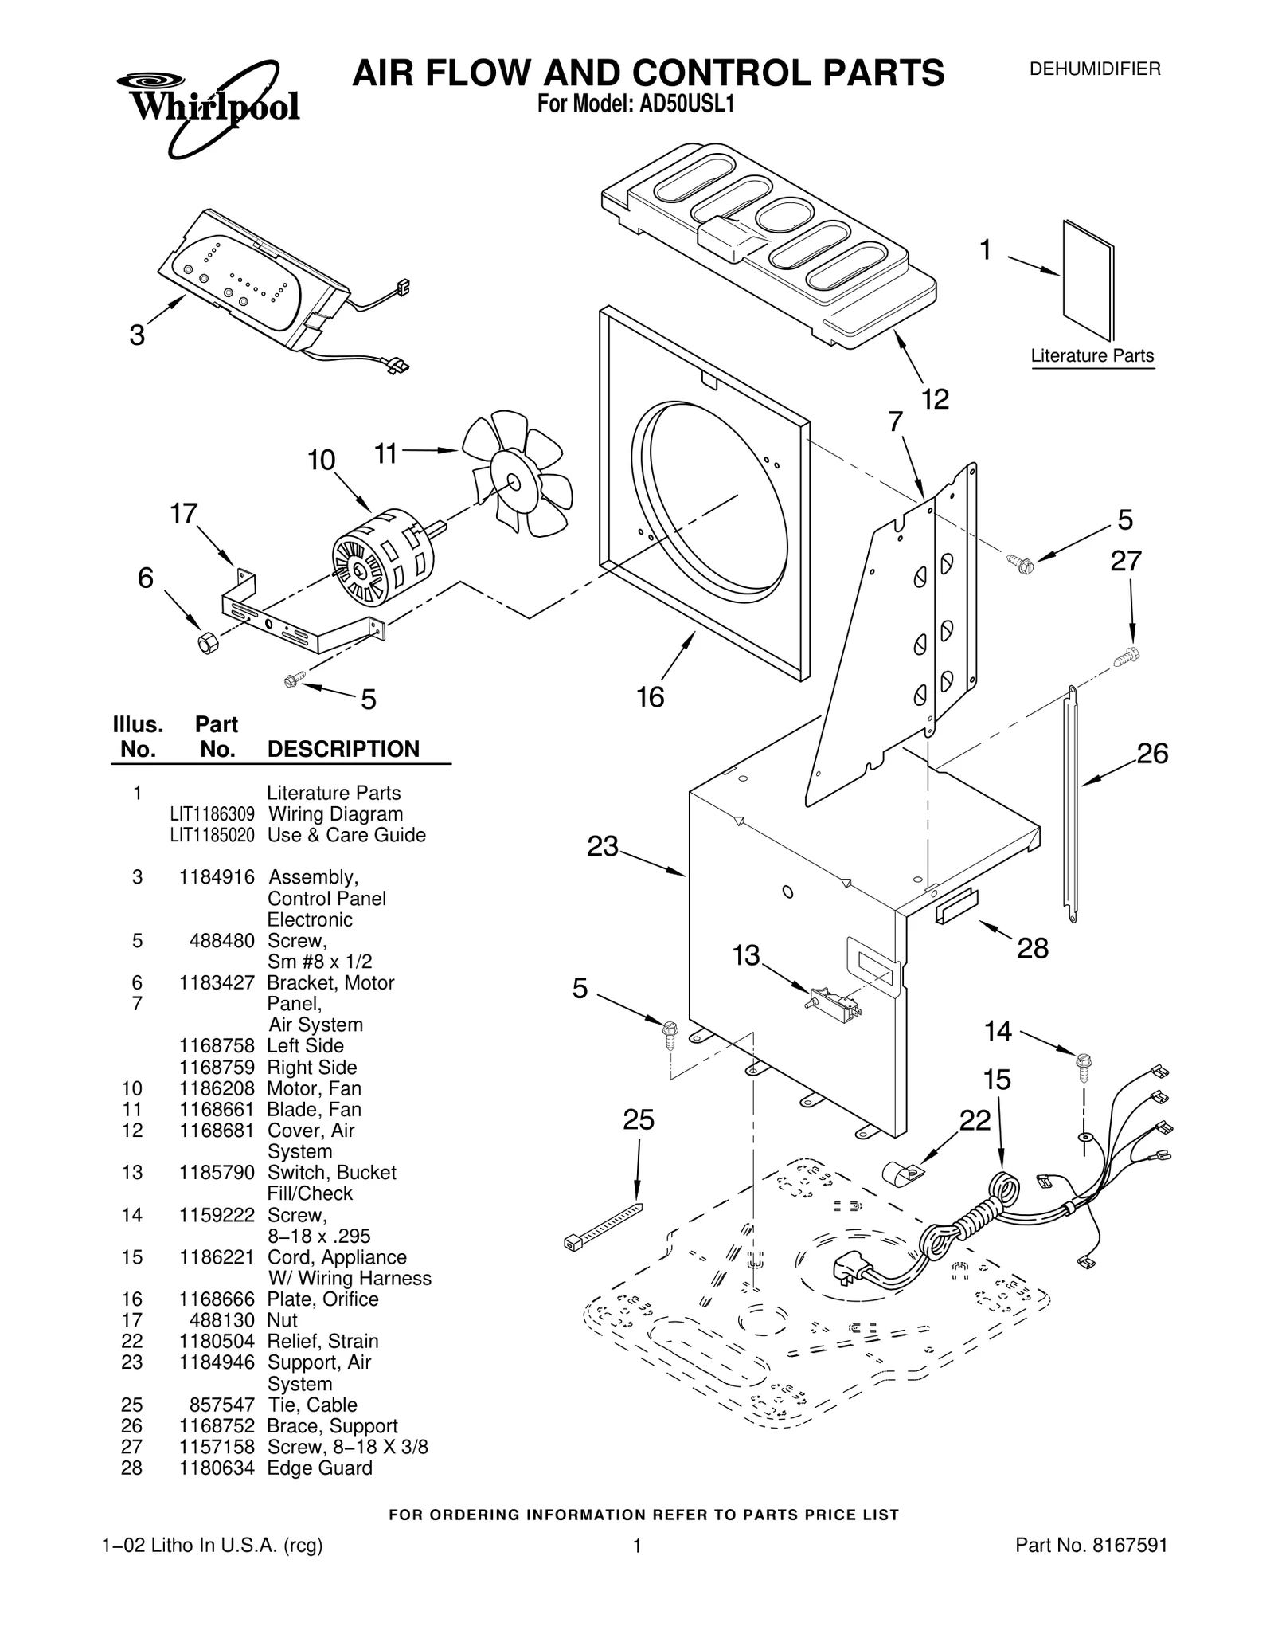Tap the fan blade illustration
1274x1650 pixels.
pyautogui.click(x=516, y=475)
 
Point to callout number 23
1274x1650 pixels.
pyautogui.click(x=603, y=846)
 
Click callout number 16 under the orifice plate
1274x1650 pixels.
pyautogui.click(x=651, y=697)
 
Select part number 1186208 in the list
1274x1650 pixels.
pyautogui.click(x=217, y=1088)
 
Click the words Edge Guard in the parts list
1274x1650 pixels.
pyautogui.click(x=319, y=1468)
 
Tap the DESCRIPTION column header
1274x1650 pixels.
pyautogui.click(x=343, y=749)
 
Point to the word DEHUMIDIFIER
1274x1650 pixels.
pyautogui.click(x=1095, y=69)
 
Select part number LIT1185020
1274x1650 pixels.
pyautogui.click(x=212, y=835)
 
